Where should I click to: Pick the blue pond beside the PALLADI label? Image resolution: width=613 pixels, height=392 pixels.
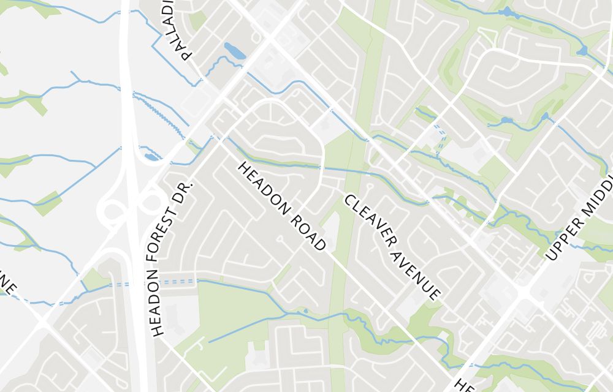coord(234,50)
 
